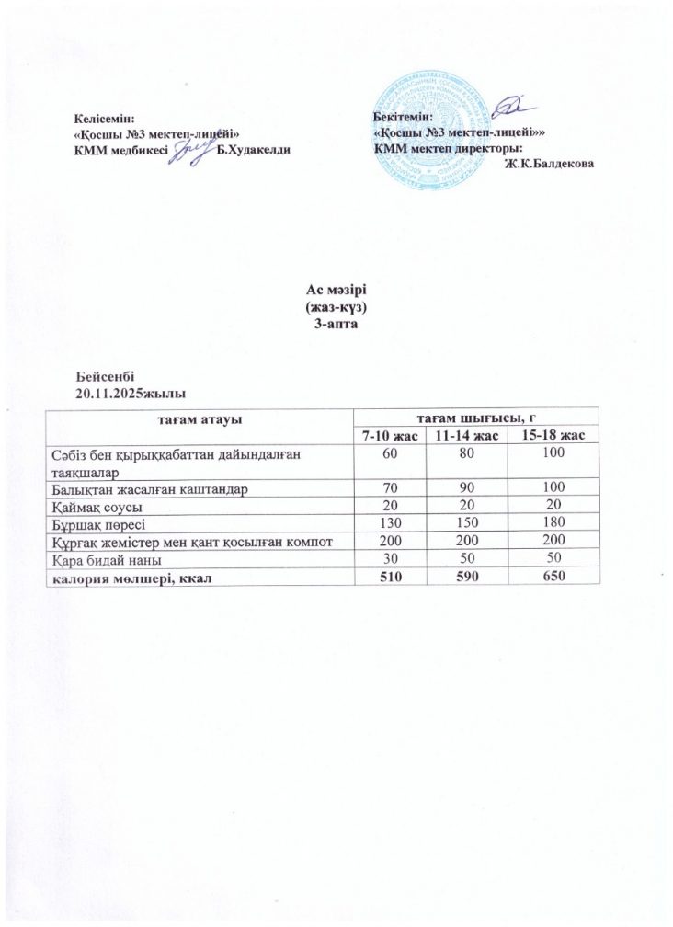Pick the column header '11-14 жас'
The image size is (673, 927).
point(465,433)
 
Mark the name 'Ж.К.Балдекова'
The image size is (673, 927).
point(549,164)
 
